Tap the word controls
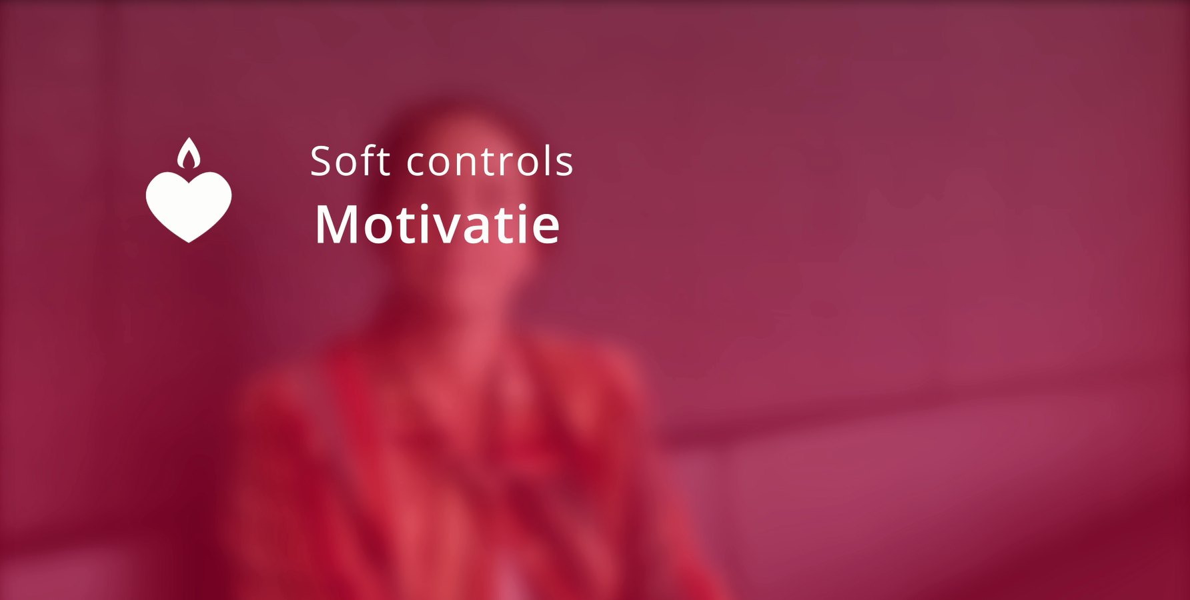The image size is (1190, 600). coord(490,161)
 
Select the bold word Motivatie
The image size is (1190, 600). coord(437,224)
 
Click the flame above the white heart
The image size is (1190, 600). coord(189,153)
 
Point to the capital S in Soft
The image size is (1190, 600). coord(322,161)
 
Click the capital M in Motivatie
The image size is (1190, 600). coord(338,225)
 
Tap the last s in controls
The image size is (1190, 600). coord(565,165)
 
